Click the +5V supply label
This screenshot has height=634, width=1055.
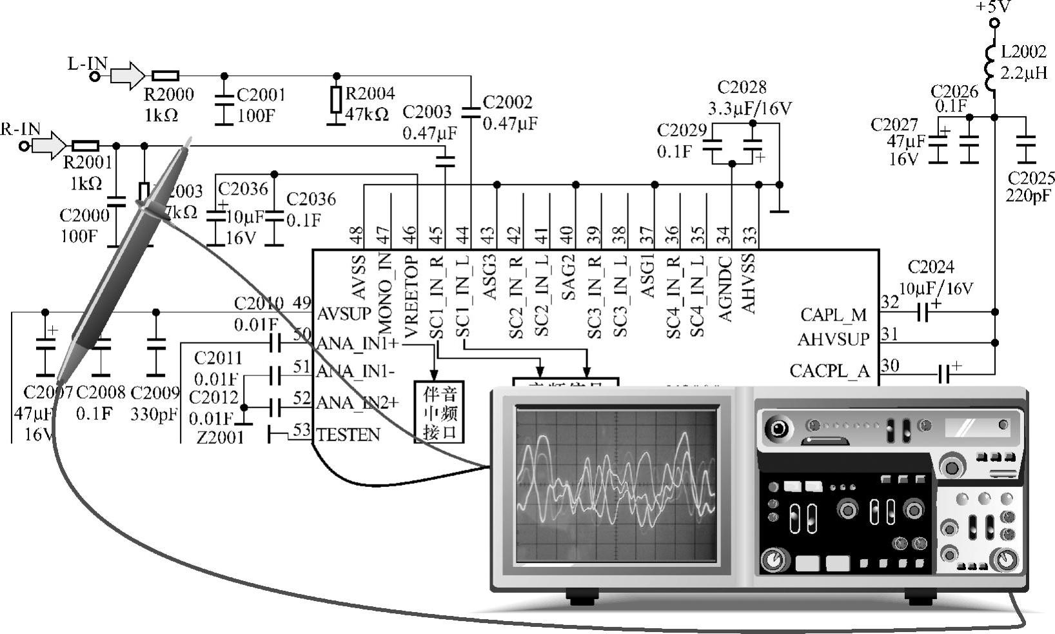click(994, 6)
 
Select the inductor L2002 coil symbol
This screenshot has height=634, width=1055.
click(994, 62)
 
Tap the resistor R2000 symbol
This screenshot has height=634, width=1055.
click(165, 76)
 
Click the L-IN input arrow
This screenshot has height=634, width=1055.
click(128, 75)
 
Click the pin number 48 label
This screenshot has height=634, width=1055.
click(357, 235)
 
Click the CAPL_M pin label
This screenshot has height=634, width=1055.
click(833, 315)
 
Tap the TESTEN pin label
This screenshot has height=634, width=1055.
click(348, 435)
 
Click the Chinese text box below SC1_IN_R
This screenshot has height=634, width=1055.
click(439, 412)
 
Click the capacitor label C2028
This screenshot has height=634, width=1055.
click(742, 88)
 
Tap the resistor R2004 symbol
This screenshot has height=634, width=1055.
click(335, 100)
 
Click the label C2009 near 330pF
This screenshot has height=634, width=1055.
click(155, 392)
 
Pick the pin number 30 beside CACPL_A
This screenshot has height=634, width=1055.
click(890, 366)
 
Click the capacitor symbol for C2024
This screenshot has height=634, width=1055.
click(923, 313)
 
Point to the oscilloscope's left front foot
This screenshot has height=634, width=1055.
click(582, 597)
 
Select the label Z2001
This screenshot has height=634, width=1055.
click(221, 438)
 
